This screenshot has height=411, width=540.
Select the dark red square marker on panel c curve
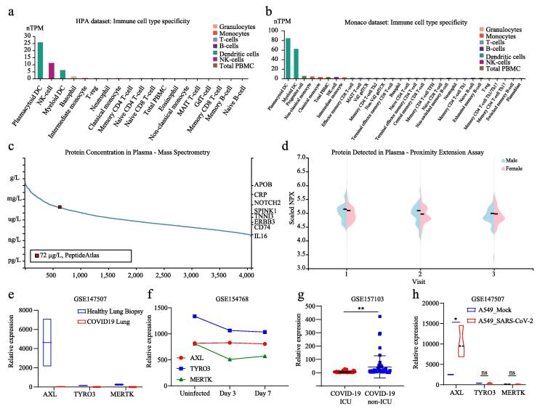tap(60, 207)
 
